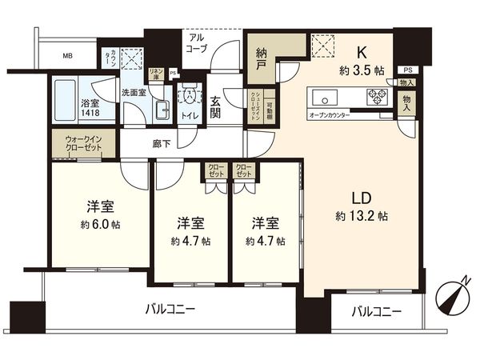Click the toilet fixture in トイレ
pyautogui.click(x=190, y=94)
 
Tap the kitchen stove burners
pyautogui.click(x=376, y=98)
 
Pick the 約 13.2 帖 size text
pyautogui.click(x=362, y=216)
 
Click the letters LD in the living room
pyautogui.click(x=362, y=196)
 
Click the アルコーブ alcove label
pyautogui.click(x=197, y=42)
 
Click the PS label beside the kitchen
pyautogui.click(x=407, y=70)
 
